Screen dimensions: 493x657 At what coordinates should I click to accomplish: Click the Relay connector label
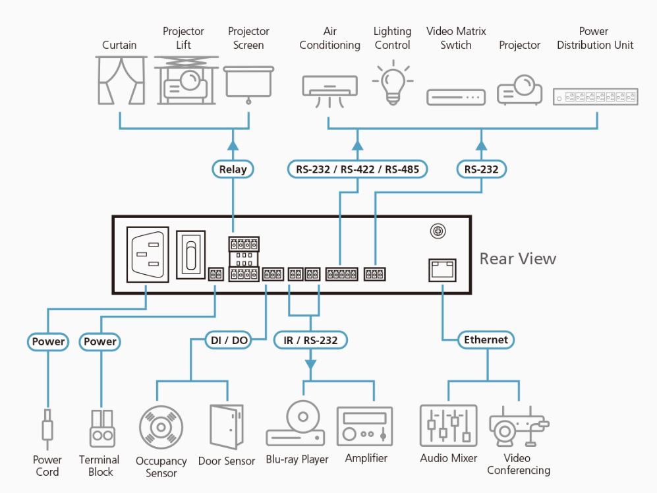233,169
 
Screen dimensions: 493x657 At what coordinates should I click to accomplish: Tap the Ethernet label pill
486,340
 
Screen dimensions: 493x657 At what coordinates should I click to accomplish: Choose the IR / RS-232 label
310,340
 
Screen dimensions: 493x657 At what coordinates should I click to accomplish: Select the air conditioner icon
329,90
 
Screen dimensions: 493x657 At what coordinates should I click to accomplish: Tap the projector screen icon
248,82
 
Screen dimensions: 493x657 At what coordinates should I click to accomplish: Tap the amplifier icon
364,426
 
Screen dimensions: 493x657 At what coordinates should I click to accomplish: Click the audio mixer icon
448,426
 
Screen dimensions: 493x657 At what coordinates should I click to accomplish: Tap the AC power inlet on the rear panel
147,254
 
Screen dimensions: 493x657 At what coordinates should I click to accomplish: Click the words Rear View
517,258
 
